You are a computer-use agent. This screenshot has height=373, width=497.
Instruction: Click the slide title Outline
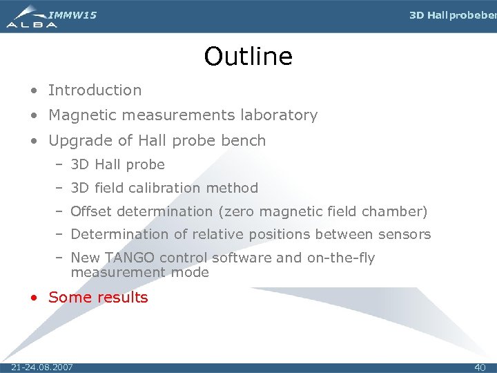pos(248,57)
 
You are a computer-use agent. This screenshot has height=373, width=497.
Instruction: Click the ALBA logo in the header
pos(31,17)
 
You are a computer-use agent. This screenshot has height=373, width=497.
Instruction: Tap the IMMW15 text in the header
pos(72,15)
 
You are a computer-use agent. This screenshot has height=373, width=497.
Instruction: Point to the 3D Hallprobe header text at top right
pos(452,15)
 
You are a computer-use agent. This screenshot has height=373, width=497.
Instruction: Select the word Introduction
pos(95,90)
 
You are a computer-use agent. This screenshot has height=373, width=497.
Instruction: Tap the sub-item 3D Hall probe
pos(117,164)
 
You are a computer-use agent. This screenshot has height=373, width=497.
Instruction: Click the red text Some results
pos(98,298)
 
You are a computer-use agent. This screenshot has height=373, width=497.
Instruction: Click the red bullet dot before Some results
pos(34,298)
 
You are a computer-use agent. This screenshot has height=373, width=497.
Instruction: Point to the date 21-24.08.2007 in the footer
pos(42,367)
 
